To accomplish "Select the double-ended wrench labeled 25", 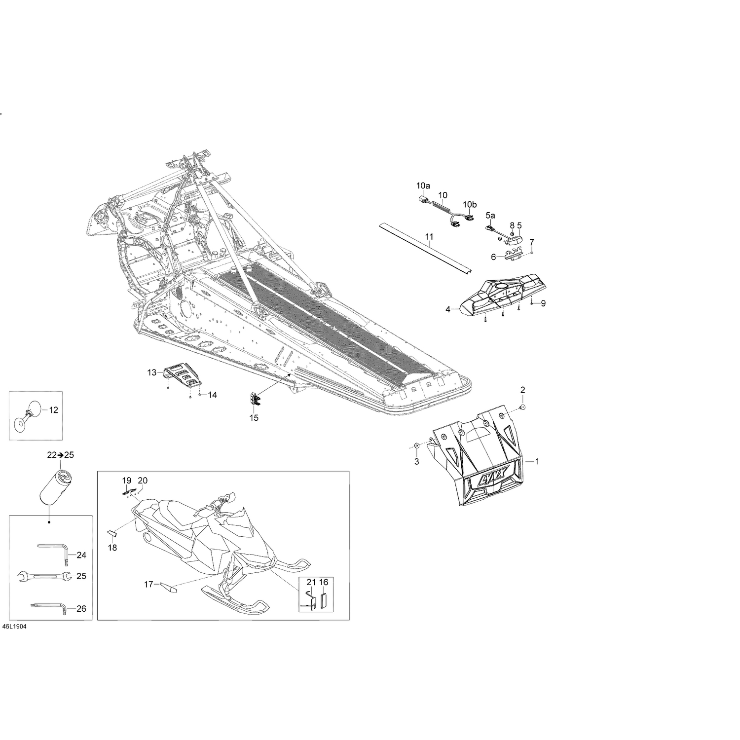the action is (x=43, y=576).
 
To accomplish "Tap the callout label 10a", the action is (x=423, y=186).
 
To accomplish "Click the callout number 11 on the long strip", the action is (x=429, y=238).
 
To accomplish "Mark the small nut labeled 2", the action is (x=523, y=407).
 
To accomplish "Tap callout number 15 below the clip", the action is (x=254, y=418).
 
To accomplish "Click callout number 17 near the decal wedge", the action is (x=148, y=585).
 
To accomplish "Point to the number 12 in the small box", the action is (x=53, y=410).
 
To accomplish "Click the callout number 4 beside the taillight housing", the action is (x=448, y=309).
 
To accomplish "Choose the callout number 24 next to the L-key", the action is (x=81, y=555).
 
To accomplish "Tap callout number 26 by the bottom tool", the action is (x=81, y=609).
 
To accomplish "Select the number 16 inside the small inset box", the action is (x=324, y=583).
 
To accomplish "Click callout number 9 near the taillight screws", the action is (x=543, y=303).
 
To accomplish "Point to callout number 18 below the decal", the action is (x=112, y=548).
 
